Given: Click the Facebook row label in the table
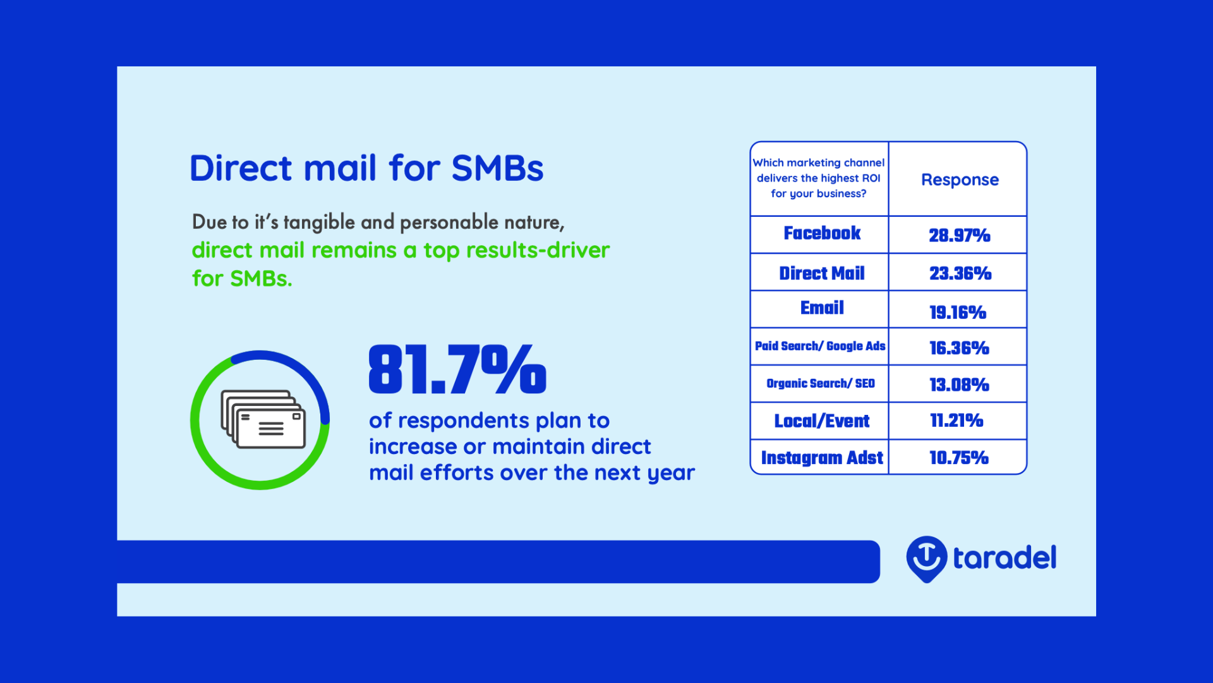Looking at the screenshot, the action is click(x=822, y=233).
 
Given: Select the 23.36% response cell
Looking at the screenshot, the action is click(x=960, y=273).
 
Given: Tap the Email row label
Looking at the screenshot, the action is click(x=822, y=308).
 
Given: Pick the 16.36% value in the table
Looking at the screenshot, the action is click(x=959, y=348).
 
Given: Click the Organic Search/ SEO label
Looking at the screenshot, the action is click(x=821, y=384).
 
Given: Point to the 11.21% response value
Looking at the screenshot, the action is click(x=957, y=421).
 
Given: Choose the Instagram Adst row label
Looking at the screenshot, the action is click(x=822, y=458).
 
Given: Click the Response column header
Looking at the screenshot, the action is click(x=960, y=180).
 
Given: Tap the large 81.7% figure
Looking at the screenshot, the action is click(x=457, y=369).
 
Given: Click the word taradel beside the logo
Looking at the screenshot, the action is click(x=1005, y=558).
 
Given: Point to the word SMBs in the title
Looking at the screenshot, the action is click(x=497, y=168).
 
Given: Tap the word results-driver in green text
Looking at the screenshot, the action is click(x=538, y=250).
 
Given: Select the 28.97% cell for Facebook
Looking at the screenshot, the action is click(x=959, y=236).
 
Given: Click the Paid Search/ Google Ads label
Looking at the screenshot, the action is click(x=820, y=347).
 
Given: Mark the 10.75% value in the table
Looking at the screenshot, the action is click(x=959, y=458).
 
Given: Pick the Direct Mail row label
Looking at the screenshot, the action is click(x=822, y=273).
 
